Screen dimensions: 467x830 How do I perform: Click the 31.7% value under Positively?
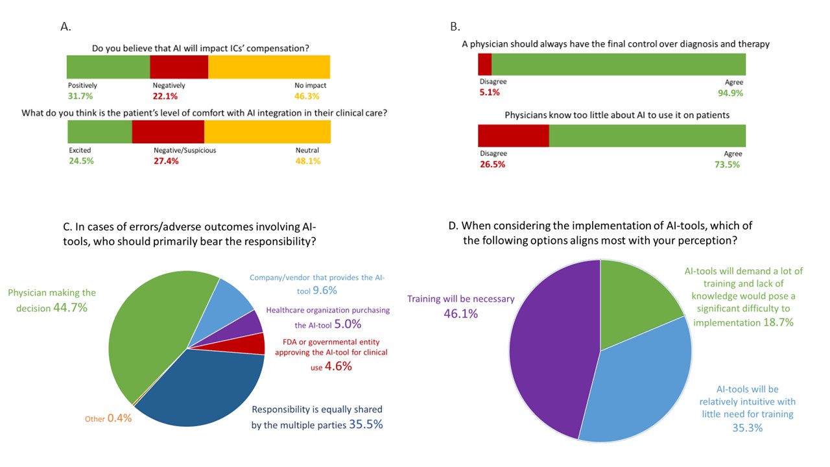pyautogui.click(x=80, y=96)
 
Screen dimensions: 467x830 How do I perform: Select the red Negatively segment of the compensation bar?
pyautogui.click(x=179, y=67)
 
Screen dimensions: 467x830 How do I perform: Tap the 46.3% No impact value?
pyautogui.click(x=307, y=96)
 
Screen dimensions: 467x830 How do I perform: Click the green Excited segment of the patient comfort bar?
pyautogui.click(x=100, y=132)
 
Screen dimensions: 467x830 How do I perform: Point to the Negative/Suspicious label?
pyautogui.click(x=185, y=150)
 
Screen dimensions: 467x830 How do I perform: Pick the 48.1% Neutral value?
pyautogui.click(x=308, y=161)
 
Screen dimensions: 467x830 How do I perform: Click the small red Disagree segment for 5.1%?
pyautogui.click(x=484, y=64)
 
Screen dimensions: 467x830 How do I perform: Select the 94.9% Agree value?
pyautogui.click(x=730, y=93)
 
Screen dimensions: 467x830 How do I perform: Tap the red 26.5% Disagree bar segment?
pyautogui.click(x=513, y=136)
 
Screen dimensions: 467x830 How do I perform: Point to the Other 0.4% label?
pyautogui.click(x=108, y=418)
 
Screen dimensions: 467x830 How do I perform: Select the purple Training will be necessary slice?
pyautogui.click(x=551, y=350)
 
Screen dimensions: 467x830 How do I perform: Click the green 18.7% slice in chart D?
pyautogui.click(x=632, y=298)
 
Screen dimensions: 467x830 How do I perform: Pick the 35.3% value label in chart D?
pyautogui.click(x=748, y=428)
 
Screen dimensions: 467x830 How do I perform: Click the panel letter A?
pyautogui.click(x=65, y=27)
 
